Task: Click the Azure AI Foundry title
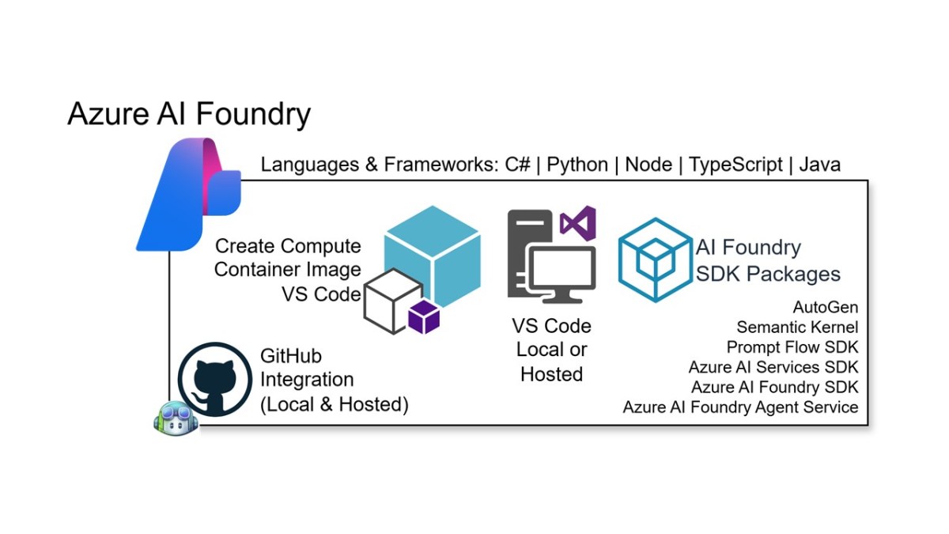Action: point(189,114)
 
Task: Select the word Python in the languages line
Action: point(577,165)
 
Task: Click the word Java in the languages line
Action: point(819,165)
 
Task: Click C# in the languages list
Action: point(518,165)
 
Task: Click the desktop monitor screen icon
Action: point(561,274)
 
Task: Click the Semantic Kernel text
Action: point(797,327)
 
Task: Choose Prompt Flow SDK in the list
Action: point(792,347)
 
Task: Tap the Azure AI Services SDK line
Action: point(773,367)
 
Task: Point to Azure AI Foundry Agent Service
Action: point(740,407)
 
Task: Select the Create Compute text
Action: point(288,246)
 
